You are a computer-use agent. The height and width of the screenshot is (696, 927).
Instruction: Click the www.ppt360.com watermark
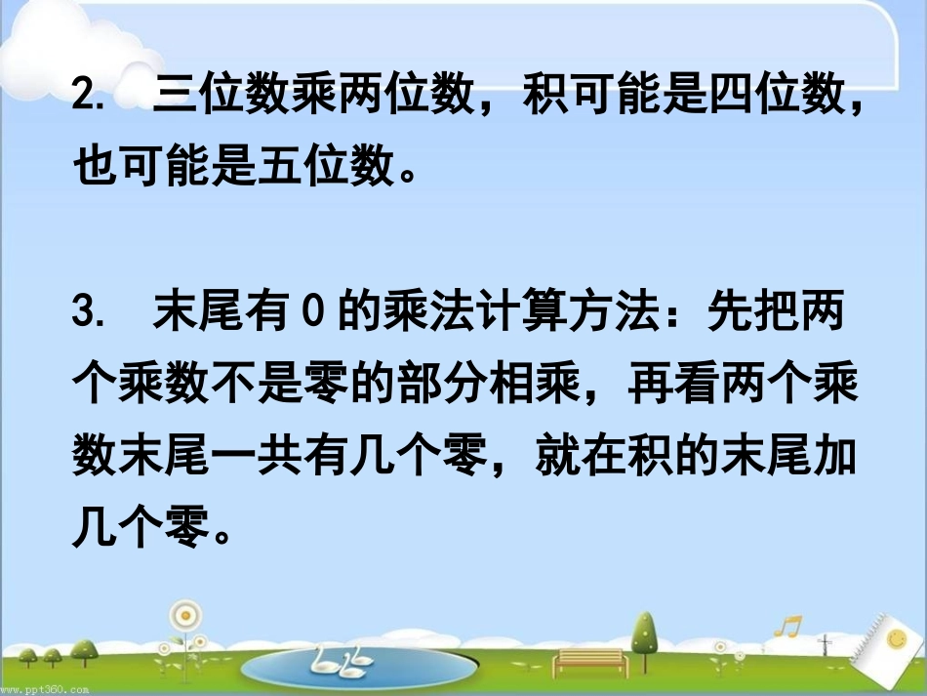[46, 689]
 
